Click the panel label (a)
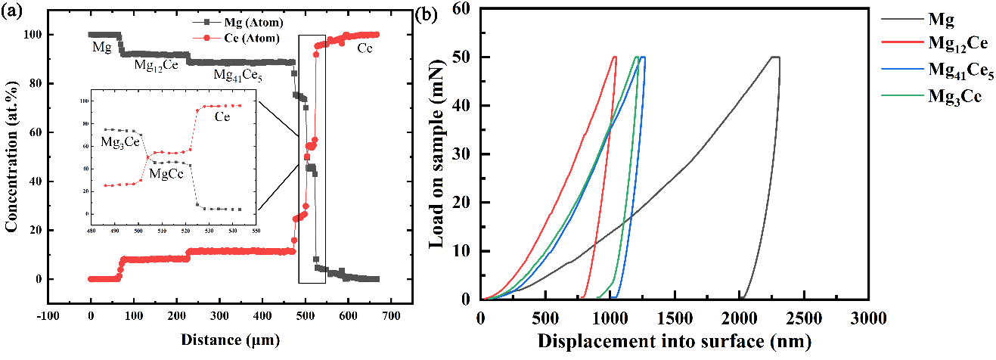pos(14,11)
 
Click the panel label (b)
pos(433,11)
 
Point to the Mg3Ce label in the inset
pos(120,141)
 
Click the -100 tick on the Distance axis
pos(47,318)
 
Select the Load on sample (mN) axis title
pos(436,154)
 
